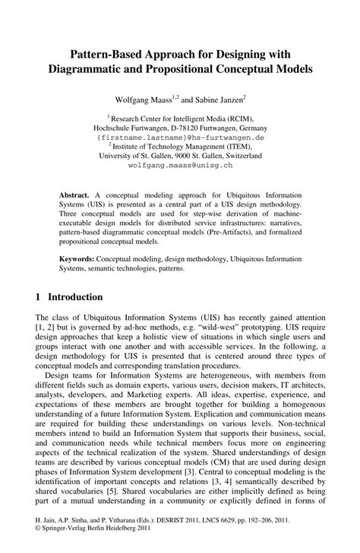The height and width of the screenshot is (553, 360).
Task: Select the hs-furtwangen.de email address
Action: click(180, 137)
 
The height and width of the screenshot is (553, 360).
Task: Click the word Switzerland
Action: click(241, 156)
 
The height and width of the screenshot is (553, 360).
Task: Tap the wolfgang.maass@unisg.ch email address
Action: click(180, 165)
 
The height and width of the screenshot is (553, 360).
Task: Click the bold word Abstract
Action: click(76, 195)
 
